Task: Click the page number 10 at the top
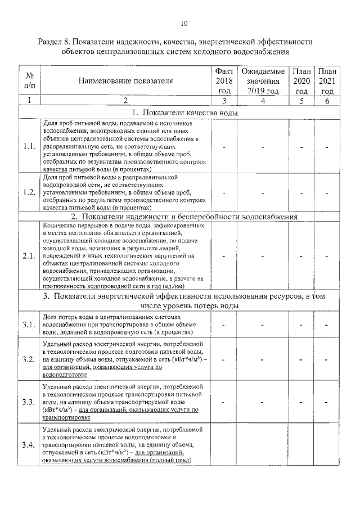(184, 23)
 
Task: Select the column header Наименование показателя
(125, 81)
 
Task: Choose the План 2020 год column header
(301, 81)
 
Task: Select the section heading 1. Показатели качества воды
(181, 112)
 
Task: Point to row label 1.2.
(30, 192)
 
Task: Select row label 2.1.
(30, 256)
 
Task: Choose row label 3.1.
(30, 325)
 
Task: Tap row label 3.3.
(30, 402)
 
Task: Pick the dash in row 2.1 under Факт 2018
(224, 256)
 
